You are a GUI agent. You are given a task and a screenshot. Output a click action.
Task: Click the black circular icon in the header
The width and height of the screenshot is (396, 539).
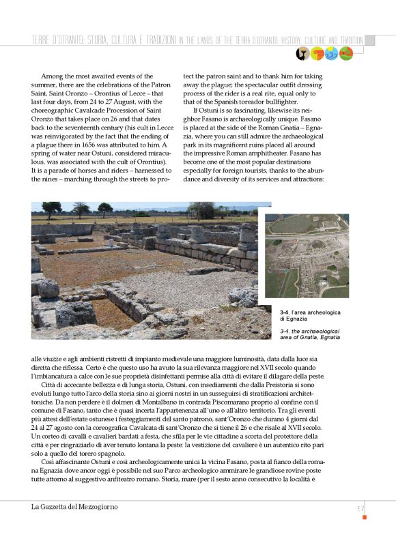click(302, 53)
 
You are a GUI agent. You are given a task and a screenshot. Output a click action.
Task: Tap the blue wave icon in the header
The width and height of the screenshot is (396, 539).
click(330, 53)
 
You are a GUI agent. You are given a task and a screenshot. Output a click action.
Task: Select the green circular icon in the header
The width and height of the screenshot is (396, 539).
click(345, 53)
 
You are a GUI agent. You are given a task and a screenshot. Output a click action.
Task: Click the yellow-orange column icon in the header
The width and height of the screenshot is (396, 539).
click(317, 53)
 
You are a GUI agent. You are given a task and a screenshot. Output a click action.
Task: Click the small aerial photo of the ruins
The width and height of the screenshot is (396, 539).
click(307, 256)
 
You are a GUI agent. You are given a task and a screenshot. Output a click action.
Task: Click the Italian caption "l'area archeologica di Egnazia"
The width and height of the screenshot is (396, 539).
click(310, 315)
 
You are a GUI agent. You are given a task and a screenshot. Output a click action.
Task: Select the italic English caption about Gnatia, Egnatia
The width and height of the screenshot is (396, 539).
click(309, 334)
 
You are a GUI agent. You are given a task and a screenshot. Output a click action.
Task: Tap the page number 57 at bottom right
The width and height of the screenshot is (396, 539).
click(360, 508)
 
